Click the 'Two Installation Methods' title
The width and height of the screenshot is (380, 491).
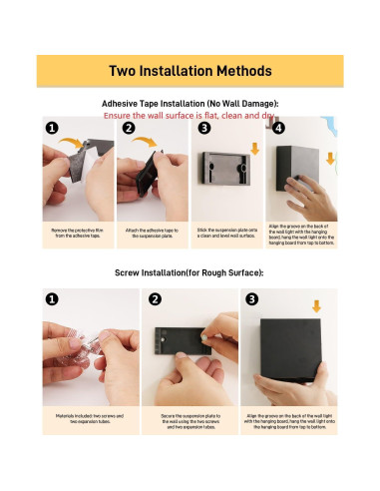click(190, 72)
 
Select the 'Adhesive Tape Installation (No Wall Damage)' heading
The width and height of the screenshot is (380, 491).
click(190, 104)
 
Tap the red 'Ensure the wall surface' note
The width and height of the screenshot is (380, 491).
click(190, 117)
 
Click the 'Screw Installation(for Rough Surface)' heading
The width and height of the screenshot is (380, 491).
click(190, 272)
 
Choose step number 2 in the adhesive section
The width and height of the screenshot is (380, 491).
click(128, 129)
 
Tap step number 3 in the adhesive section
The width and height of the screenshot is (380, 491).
click(203, 129)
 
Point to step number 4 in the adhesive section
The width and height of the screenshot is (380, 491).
click(278, 129)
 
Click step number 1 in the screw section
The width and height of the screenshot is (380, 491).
click(52, 298)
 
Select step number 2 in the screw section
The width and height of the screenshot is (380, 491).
click(155, 298)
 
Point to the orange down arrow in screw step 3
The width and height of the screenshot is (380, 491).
click(316, 306)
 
